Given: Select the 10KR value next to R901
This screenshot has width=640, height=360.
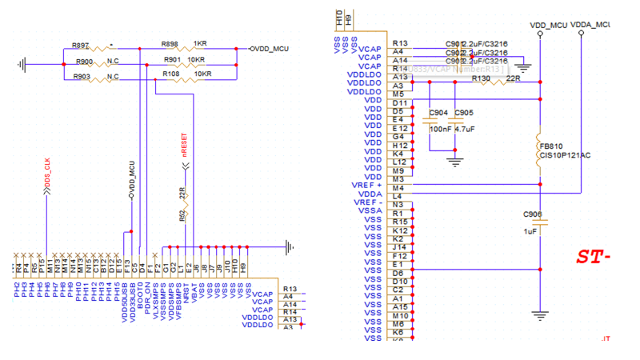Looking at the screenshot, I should [x=196, y=60].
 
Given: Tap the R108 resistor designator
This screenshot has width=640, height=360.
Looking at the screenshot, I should [x=171, y=74].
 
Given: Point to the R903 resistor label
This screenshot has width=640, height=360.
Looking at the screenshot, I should [x=81, y=76].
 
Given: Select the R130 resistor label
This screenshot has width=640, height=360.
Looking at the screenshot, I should [x=481, y=78].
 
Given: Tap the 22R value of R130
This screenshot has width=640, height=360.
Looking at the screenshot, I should [x=513, y=78].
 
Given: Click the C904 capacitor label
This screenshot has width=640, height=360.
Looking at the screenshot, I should [x=438, y=113].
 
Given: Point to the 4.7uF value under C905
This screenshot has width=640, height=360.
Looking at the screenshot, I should [x=464, y=129].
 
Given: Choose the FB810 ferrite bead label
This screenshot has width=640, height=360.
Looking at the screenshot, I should [x=550, y=146].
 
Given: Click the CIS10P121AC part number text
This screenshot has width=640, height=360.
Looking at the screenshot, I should [x=564, y=155].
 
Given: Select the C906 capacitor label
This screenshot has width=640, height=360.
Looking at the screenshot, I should [x=532, y=214].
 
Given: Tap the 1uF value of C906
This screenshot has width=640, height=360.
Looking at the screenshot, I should [x=530, y=230].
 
